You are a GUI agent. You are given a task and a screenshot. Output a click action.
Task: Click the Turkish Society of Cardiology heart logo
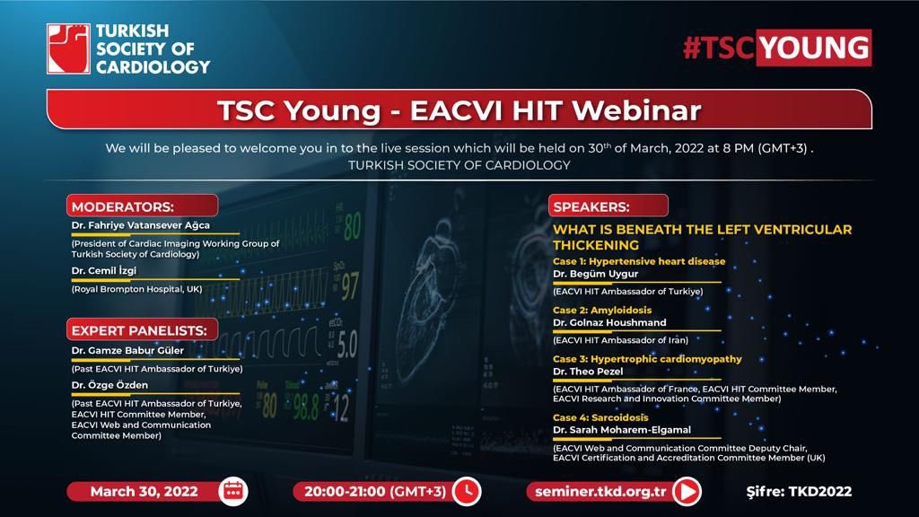(68, 49)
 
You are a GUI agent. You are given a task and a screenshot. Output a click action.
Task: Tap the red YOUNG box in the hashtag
(813, 48)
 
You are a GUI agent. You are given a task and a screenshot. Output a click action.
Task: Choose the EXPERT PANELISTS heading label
(139, 330)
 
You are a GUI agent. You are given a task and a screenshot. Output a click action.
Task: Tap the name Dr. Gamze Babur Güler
(128, 350)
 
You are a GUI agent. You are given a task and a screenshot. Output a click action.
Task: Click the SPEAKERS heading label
(591, 206)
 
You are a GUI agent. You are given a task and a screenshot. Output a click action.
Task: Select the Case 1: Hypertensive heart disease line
(639, 261)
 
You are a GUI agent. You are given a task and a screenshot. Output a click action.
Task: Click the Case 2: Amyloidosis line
(602, 311)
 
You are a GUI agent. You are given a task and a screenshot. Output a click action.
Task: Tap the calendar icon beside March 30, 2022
(233, 491)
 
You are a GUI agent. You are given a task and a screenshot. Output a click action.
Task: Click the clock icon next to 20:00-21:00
(466, 491)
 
